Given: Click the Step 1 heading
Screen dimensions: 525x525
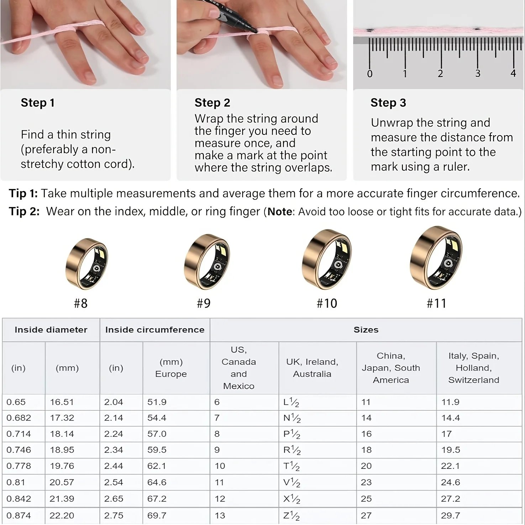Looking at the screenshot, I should [38, 103].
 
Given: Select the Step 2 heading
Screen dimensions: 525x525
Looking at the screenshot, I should [212, 103].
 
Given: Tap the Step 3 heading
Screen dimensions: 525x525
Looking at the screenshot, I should [388, 103].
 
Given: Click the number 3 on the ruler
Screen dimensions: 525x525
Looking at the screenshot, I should [478, 74].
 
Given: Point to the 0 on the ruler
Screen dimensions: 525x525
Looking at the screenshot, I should [370, 74].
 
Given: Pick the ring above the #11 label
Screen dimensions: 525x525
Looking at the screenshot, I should [436, 258].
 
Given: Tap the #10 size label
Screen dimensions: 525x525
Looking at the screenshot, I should [327, 303].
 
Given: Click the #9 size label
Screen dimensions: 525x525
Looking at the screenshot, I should [204, 303].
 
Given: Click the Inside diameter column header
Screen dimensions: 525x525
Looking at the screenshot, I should [51, 330].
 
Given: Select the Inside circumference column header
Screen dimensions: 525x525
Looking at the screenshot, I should [155, 330].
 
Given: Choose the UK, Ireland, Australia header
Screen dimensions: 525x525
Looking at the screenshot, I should [312, 368].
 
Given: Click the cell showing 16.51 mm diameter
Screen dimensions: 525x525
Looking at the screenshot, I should [62, 402].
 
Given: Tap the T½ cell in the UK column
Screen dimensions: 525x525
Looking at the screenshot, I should [292, 466].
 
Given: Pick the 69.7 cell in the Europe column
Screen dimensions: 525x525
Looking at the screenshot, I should [157, 515].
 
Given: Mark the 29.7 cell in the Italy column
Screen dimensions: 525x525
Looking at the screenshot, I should [451, 515].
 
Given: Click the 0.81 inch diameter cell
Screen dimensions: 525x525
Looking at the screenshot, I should [16, 482].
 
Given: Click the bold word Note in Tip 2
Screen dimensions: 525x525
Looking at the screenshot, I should [280, 212].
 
